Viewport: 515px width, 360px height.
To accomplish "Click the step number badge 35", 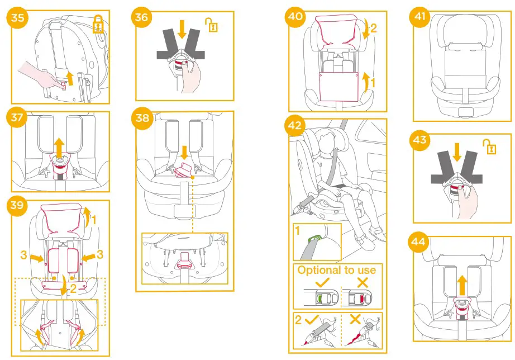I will click(17, 17).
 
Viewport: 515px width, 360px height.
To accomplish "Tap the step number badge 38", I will click(142, 118).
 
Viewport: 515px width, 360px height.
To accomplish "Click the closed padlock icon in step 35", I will click(98, 25).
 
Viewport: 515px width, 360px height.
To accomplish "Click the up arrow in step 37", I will click(59, 148).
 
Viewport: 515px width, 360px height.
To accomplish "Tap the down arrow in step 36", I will click(181, 29).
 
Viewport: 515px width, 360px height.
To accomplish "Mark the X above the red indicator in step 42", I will click(363, 282).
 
